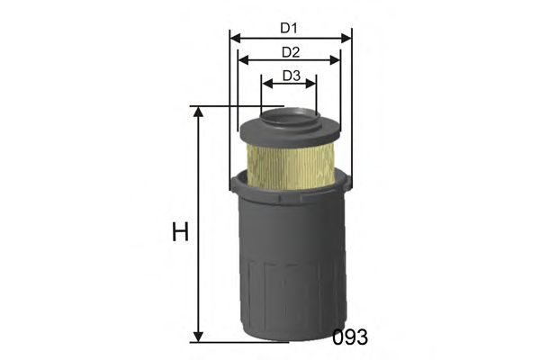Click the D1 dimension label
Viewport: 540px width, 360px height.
pyautogui.click(x=290, y=28)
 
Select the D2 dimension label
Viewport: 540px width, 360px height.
pyautogui.click(x=290, y=52)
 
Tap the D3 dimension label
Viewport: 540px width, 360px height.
pyautogui.click(x=290, y=76)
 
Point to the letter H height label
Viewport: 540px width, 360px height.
pyautogui.click(x=180, y=232)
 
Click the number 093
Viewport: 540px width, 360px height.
pyautogui.click(x=350, y=337)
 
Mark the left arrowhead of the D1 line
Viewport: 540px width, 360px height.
pyautogui.click(x=234, y=39)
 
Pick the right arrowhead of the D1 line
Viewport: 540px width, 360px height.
pyautogui.click(x=347, y=39)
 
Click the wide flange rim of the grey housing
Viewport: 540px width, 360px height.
pyautogui.click(x=289, y=191)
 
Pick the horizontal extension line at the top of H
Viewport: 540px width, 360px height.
pyautogui.click(x=234, y=106)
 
